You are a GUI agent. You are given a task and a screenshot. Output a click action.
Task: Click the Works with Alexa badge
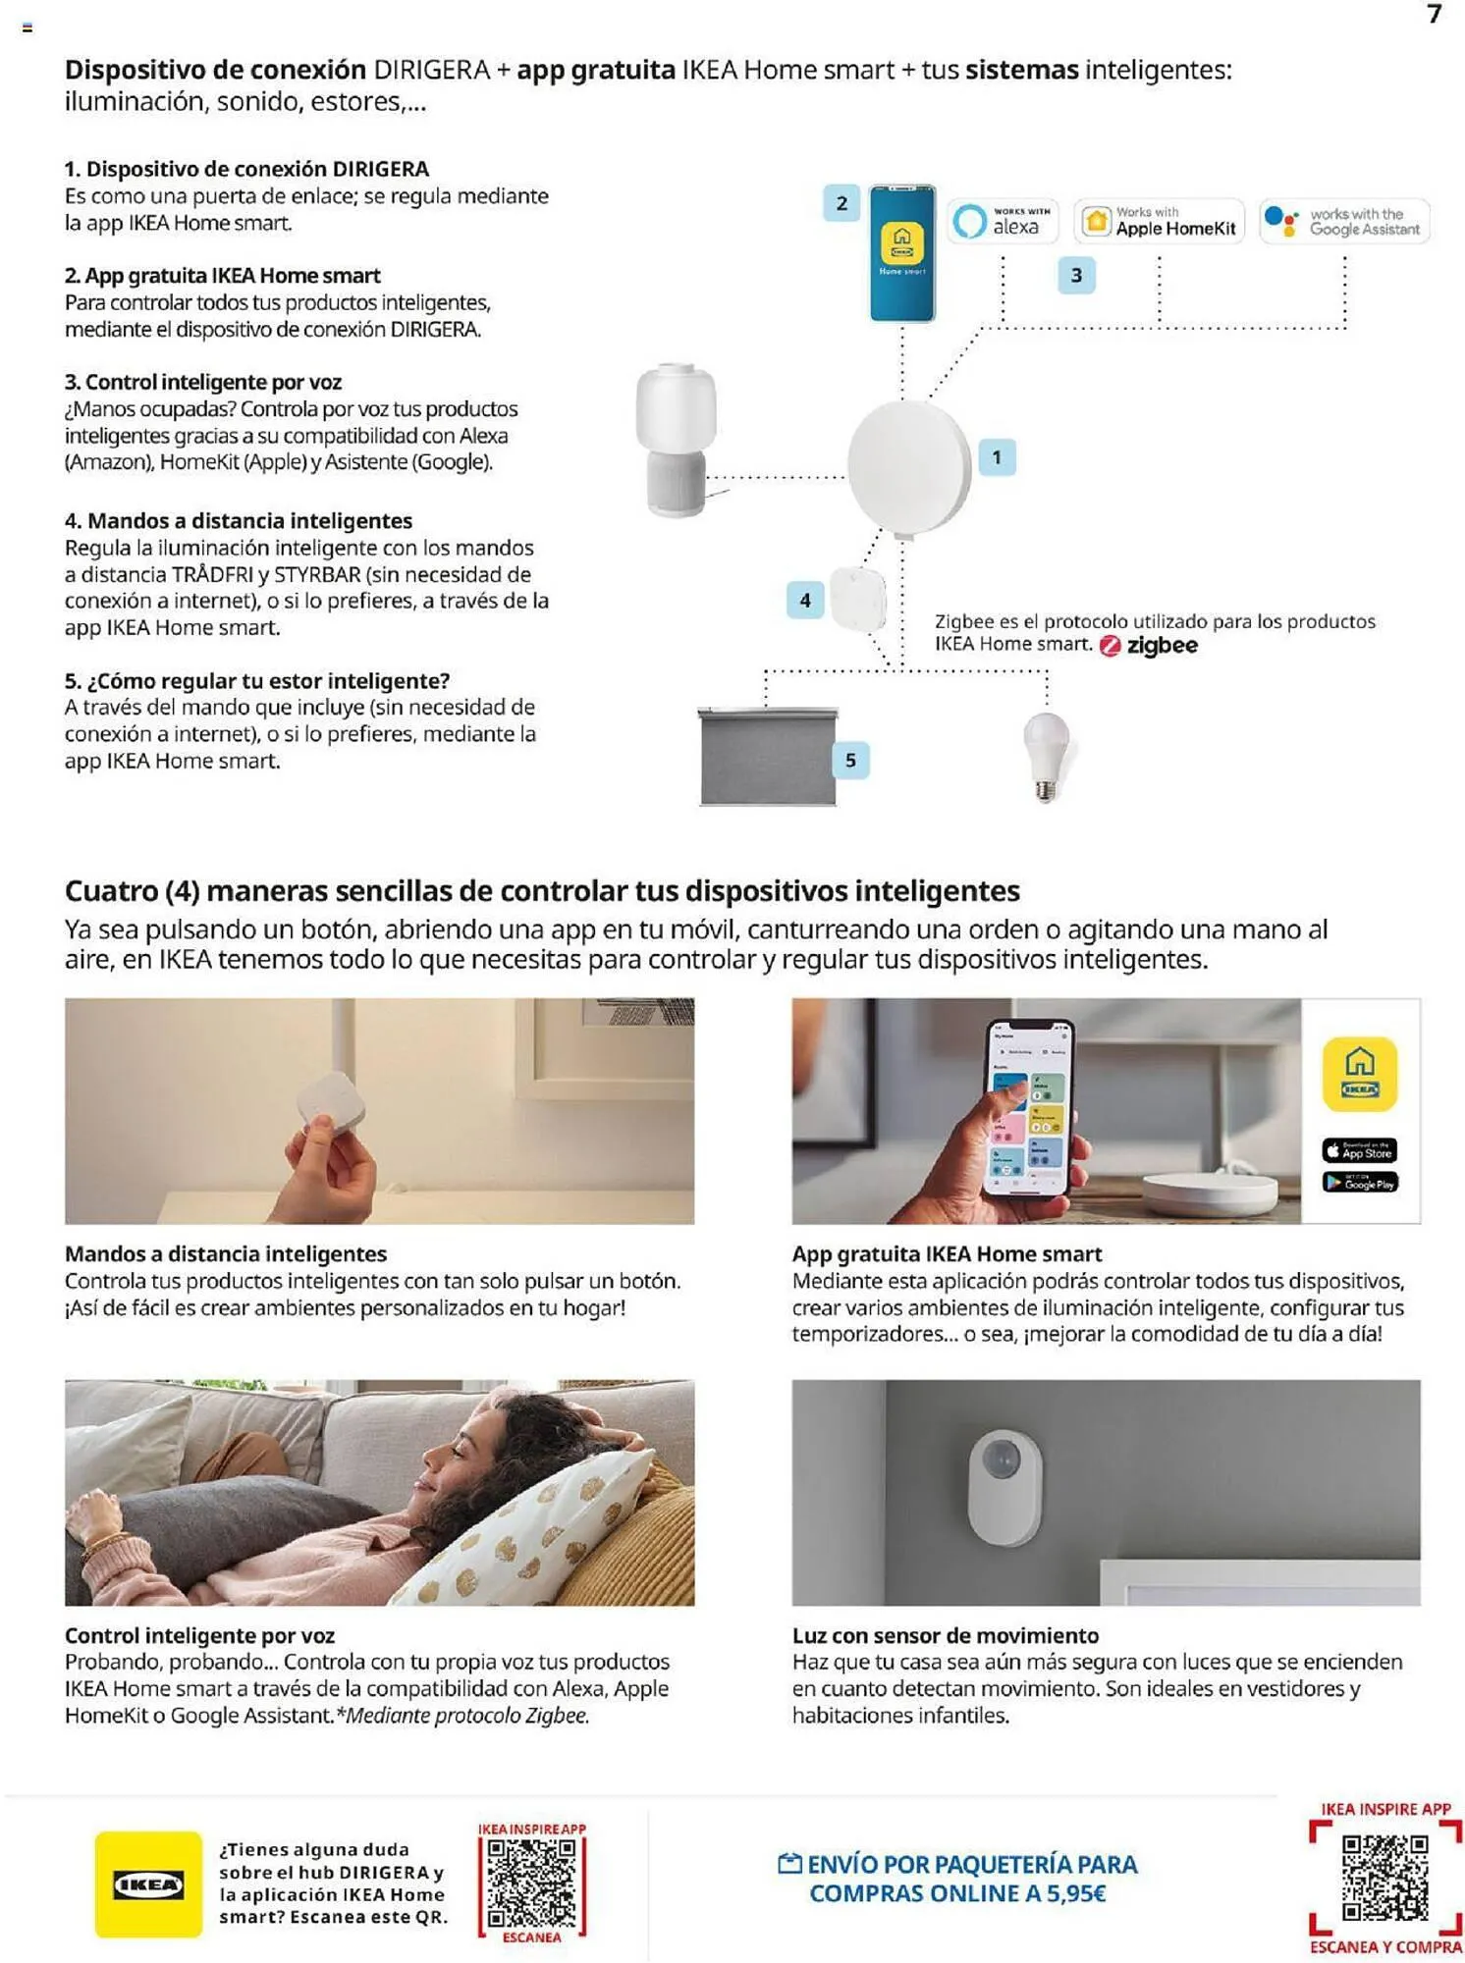1002,221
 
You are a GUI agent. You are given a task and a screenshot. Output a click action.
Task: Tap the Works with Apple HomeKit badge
1159,221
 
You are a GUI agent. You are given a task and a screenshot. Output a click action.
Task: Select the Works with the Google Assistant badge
1344,221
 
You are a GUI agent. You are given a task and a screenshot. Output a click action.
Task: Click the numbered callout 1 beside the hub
997,457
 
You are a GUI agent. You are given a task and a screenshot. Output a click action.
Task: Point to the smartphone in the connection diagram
901,253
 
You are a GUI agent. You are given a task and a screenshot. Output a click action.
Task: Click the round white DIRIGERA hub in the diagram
908,468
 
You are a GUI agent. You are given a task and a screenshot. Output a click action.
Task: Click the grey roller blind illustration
768,756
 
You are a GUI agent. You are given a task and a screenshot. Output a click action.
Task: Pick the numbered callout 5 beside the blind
850,760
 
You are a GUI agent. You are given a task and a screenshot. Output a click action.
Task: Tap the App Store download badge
1359,1150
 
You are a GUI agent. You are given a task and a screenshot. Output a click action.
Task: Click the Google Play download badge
1359,1183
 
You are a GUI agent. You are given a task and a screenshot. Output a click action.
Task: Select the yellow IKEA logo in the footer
148,1883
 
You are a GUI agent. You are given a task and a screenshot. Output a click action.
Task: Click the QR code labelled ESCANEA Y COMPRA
1384,1877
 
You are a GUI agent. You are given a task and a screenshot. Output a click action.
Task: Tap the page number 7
1435,14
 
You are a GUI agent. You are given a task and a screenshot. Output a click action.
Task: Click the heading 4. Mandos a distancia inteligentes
238,521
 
